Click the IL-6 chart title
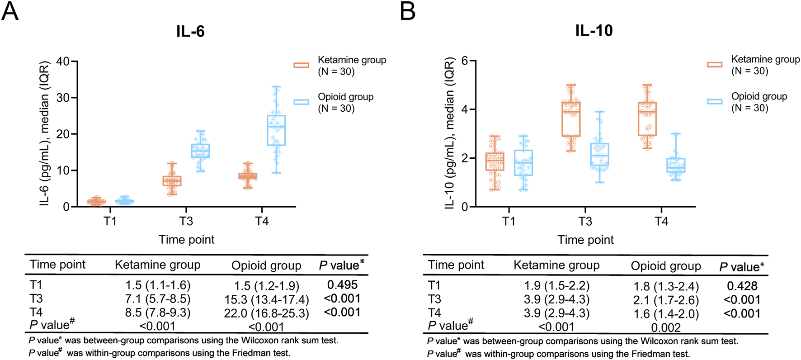pyautogui.click(x=190, y=31)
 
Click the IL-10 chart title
pyautogui.click(x=594, y=30)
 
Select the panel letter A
pyautogui.click(x=10, y=11)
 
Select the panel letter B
pyautogui.click(x=407, y=11)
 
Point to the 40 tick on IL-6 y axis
pyautogui.click(x=63, y=61)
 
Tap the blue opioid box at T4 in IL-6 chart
pyautogui.click(x=276, y=130)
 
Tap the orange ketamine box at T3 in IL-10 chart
pyautogui.click(x=571, y=119)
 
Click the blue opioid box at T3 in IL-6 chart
pyautogui.click(x=200, y=151)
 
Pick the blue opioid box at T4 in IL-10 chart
pyautogui.click(x=676, y=165)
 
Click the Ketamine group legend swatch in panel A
pyautogui.click(x=302, y=65)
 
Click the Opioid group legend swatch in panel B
pyautogui.click(x=715, y=102)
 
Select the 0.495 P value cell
pyautogui.click(x=342, y=285)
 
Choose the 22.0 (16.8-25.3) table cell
pyautogui.click(x=266, y=313)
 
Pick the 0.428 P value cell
pyautogui.click(x=742, y=286)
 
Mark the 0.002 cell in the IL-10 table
pyautogui.click(x=666, y=327)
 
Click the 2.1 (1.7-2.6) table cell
pyautogui.click(x=666, y=300)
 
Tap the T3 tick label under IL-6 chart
pyautogui.click(x=186, y=221)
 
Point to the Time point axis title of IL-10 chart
pyautogui.click(x=585, y=240)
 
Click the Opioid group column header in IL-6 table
pyautogui.click(x=266, y=265)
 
